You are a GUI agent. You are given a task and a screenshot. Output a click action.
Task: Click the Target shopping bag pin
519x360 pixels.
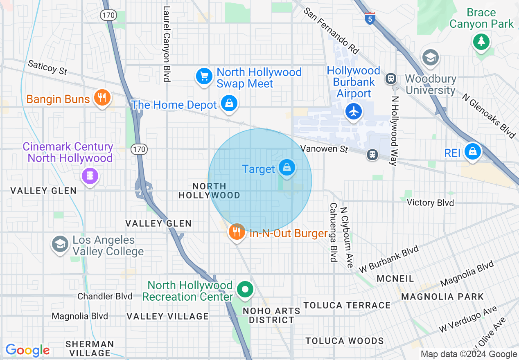point(287,168)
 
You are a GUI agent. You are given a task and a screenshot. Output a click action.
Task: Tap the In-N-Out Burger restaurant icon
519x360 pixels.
point(237,232)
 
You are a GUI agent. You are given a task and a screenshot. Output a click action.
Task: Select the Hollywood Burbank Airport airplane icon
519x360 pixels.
point(354,111)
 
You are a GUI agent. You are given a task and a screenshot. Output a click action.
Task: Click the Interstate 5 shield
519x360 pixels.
point(370,18)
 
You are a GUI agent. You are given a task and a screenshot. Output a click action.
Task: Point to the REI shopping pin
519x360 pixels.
point(473,152)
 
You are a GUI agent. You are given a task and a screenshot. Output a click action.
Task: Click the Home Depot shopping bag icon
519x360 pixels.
point(229,103)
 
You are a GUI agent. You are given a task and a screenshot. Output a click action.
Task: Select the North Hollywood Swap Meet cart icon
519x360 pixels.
point(204,76)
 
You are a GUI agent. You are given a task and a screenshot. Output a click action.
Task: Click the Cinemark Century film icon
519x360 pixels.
point(90,176)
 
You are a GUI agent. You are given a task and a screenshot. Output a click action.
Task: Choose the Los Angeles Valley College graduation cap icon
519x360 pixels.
point(60,245)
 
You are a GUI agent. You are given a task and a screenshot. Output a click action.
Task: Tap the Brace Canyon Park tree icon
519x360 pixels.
point(481,41)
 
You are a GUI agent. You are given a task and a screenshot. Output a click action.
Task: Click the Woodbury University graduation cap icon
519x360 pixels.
point(430,58)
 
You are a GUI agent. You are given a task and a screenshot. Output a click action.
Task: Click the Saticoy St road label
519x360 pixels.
point(47,68)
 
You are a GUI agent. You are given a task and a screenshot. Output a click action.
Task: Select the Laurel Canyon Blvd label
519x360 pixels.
point(166,44)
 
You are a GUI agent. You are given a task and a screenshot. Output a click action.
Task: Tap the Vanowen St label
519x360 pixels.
point(324,148)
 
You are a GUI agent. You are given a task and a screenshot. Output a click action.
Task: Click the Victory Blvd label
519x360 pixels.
point(430,202)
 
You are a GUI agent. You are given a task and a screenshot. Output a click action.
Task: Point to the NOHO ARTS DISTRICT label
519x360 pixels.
point(271,315)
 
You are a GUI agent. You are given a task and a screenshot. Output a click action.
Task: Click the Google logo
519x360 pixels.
point(27,350)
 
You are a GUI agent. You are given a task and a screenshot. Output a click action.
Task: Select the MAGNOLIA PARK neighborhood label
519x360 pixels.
point(442,297)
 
